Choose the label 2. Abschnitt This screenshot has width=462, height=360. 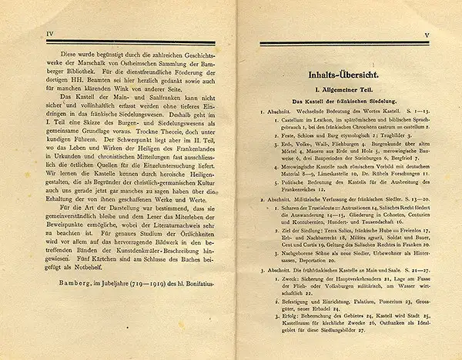(278, 198)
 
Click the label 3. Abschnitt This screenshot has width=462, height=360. (278, 270)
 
